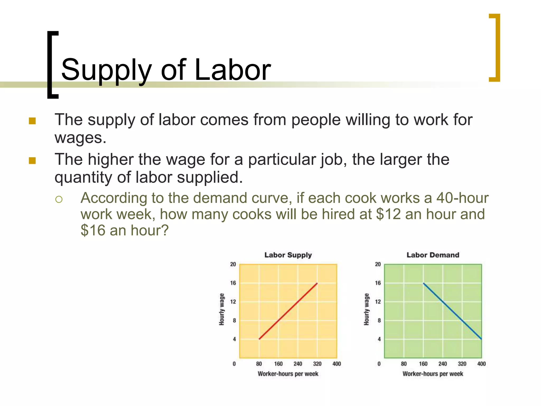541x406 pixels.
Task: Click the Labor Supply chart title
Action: click(x=288, y=255)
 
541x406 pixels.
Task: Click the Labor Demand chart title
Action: click(x=433, y=255)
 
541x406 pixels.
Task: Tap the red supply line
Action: click(x=288, y=311)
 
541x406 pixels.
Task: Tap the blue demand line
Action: click(x=452, y=311)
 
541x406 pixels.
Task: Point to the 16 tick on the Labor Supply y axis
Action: click(x=233, y=283)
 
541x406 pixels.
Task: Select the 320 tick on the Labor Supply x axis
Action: click(x=317, y=364)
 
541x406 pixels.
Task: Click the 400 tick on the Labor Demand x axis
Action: click(x=481, y=364)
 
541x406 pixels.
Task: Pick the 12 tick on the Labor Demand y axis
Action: click(x=378, y=302)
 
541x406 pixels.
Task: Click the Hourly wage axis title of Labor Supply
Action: click(x=222, y=309)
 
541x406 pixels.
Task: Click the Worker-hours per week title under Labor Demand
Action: click(x=433, y=374)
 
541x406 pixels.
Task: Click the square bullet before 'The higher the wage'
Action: click(x=32, y=160)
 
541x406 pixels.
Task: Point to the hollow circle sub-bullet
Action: click(x=59, y=199)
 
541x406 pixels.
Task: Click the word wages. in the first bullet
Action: click(x=80, y=138)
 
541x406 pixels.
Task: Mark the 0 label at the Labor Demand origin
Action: click(x=379, y=364)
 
